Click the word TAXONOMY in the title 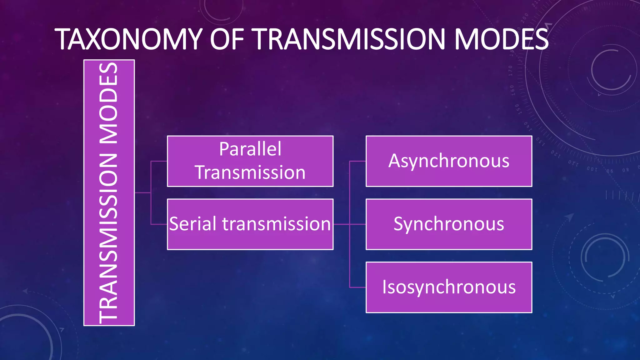pos(128,39)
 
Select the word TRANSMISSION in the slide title pos(350,39)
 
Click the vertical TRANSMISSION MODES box pos(109,193)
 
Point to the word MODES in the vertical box pos(108,103)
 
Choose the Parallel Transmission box pos(250,161)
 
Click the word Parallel pos(250,149)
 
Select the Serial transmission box pos(250,224)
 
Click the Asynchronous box pos(449,161)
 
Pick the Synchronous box pos(449,224)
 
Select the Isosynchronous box pos(449,287)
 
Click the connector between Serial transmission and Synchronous pos(341,224)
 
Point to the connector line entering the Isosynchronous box pos(357,287)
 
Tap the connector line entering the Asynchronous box pos(357,161)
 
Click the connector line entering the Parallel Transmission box pos(159,161)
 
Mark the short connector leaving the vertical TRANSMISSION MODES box pos(142,193)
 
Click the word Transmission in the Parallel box pos(250,173)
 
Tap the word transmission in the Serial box pos(276,224)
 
